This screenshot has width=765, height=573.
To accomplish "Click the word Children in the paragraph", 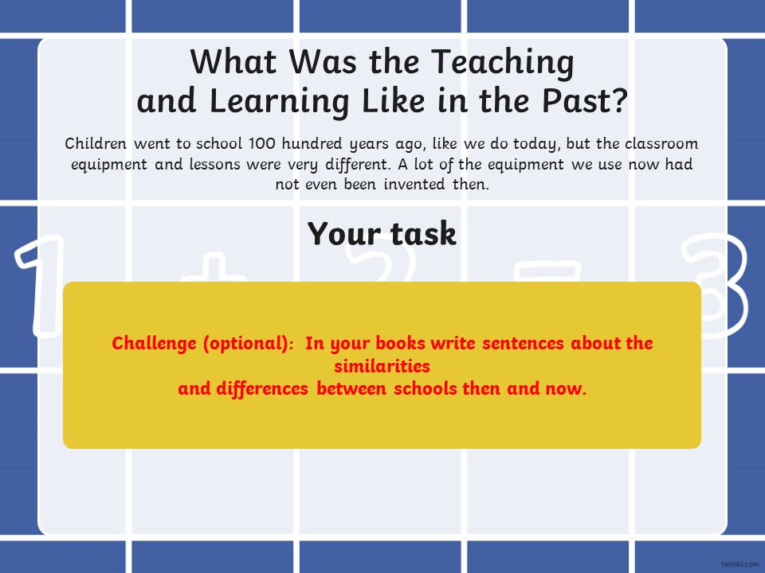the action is [x=96, y=144].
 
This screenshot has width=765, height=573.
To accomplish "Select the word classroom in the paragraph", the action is [x=661, y=144].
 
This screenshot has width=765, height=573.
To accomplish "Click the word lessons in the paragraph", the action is [x=214, y=164].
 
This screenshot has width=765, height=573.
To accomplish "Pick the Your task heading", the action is [x=382, y=233].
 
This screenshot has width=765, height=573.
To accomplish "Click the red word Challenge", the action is [x=154, y=344].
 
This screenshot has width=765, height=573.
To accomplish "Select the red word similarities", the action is [x=382, y=366].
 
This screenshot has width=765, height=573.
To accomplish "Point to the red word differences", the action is [x=262, y=389].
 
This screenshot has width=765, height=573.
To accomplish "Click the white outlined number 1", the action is [x=41, y=286].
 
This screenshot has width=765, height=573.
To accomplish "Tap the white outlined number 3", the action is [x=715, y=286].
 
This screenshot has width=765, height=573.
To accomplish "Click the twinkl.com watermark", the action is [x=739, y=563].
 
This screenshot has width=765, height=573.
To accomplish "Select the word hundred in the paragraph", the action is [x=312, y=144].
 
